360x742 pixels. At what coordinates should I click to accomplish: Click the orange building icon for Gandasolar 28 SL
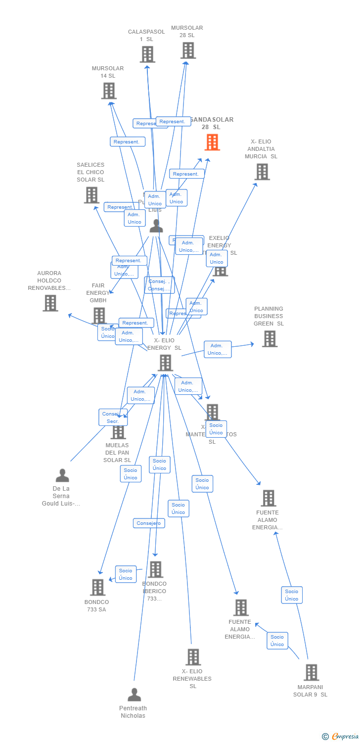(212, 142)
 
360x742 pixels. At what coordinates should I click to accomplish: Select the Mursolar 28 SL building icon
(188, 50)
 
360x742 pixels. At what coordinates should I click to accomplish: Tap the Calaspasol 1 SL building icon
(147, 54)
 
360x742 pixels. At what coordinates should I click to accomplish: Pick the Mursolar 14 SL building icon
(109, 91)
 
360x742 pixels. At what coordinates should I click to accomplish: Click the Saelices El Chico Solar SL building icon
(91, 195)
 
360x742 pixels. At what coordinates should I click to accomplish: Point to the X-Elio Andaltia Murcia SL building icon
(262, 172)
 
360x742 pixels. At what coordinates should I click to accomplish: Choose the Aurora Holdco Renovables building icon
(50, 303)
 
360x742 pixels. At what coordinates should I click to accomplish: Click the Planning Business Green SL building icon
(270, 339)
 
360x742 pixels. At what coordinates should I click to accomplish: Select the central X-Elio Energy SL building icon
(165, 363)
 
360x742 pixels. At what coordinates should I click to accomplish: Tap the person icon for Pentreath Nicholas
(134, 695)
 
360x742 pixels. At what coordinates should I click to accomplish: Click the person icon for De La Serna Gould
(62, 475)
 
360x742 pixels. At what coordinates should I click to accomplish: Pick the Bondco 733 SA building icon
(97, 587)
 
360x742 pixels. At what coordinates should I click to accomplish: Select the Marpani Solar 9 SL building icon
(311, 672)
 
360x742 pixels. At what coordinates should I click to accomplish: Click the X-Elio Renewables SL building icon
(193, 657)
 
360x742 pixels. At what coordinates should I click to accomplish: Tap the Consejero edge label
(149, 523)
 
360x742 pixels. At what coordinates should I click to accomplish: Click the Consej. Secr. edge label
(113, 417)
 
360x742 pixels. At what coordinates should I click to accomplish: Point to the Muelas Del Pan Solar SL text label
(117, 453)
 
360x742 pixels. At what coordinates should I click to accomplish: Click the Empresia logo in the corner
(341, 737)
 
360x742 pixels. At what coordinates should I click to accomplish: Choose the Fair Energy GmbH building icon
(99, 316)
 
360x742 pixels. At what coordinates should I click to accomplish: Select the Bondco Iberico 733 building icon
(155, 569)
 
